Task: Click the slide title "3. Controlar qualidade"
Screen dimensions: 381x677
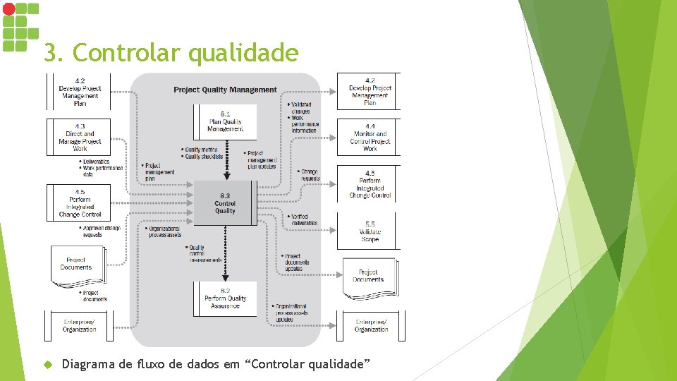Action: coord(171,53)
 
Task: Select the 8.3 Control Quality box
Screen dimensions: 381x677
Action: coord(225,203)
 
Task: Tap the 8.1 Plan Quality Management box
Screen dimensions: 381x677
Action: coord(226,121)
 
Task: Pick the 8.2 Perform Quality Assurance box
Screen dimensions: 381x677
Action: coord(226,298)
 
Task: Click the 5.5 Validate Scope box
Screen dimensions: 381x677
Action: coord(370,231)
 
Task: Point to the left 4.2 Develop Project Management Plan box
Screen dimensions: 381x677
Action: coord(80,92)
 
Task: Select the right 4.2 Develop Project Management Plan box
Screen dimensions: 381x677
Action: coord(370,92)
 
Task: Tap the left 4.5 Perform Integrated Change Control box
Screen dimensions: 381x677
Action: coord(80,202)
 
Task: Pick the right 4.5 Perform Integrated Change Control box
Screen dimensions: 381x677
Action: coord(370,183)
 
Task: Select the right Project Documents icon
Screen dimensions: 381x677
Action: coord(368,277)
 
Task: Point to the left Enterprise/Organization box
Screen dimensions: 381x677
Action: coord(79,325)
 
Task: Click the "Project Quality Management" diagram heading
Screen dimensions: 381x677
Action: coord(225,90)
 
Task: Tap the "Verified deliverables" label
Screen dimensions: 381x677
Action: coord(303,220)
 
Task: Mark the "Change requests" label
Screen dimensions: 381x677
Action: coord(308,174)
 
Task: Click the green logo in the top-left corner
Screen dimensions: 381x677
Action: coord(19,26)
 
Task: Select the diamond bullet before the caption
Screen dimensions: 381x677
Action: coord(49,364)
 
